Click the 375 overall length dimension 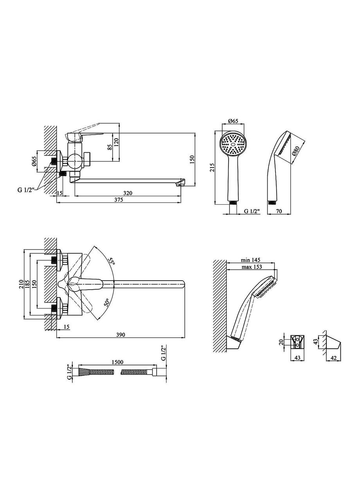point(119,200)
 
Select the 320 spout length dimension point(128,193)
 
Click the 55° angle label point(112,261)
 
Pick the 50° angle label point(107,302)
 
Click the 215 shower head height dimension point(212,167)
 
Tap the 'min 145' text point(250,260)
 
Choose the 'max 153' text point(252,267)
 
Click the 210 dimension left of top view point(21,284)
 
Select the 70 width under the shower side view point(279,211)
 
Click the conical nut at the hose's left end point(84,372)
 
